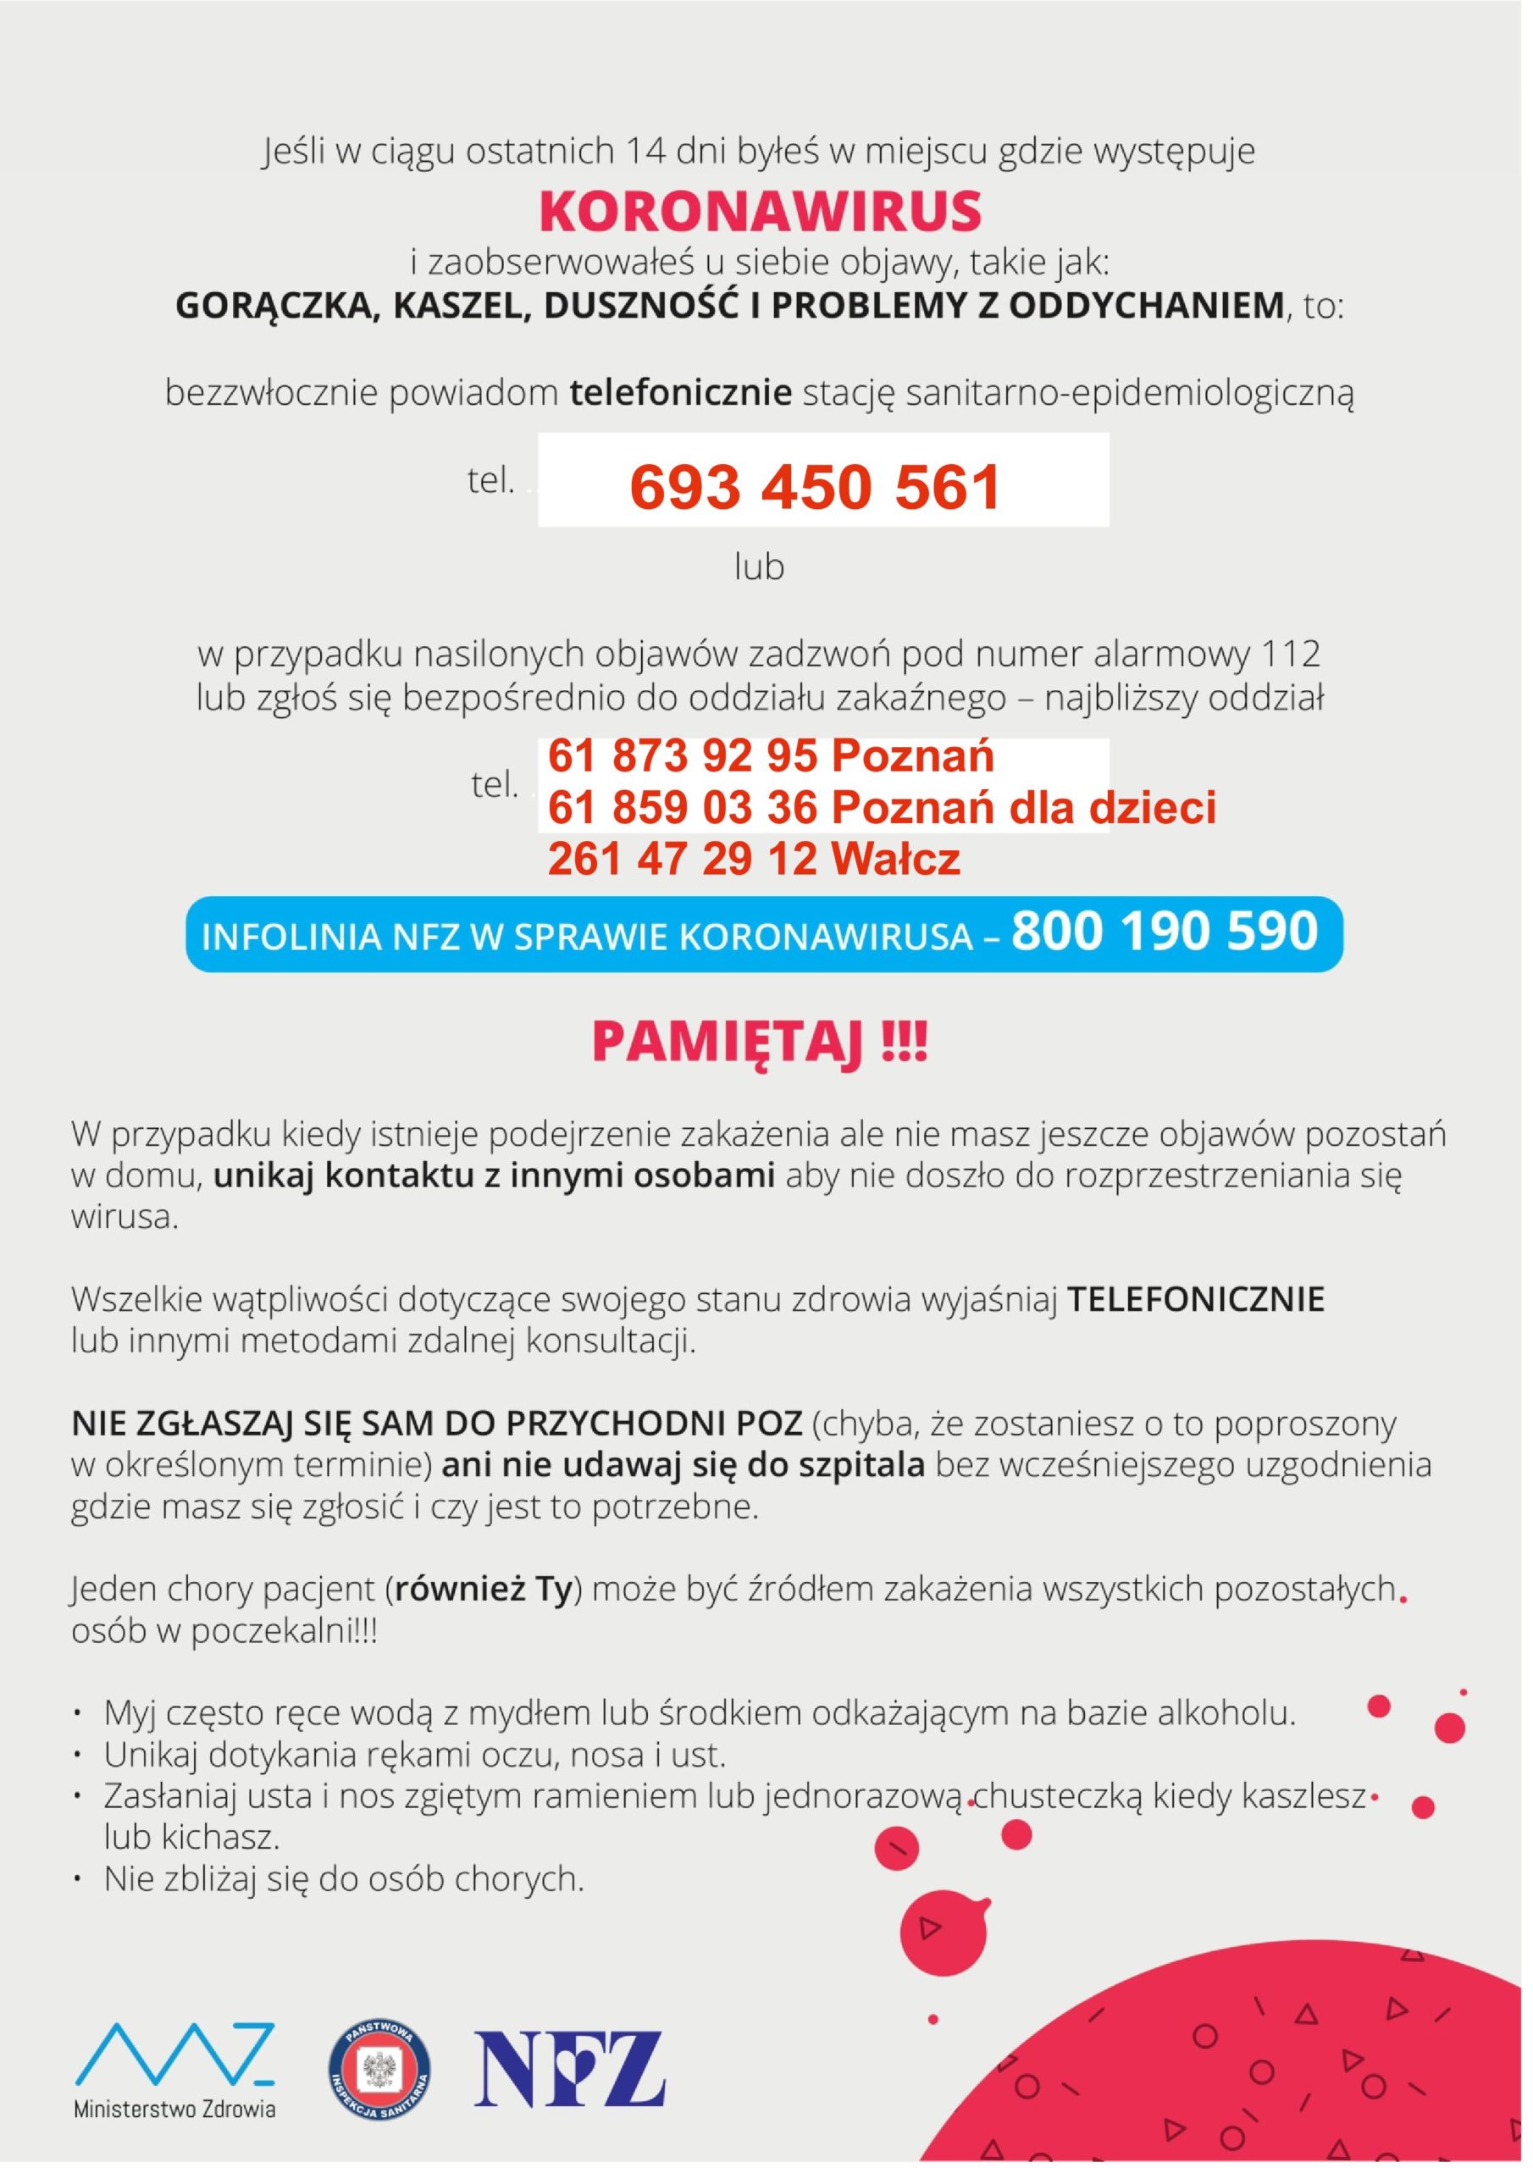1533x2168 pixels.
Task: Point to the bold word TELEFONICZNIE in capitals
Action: click(x=1196, y=1299)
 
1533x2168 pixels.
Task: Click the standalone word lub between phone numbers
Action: click(x=760, y=567)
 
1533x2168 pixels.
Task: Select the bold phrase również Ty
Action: click(x=483, y=1590)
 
